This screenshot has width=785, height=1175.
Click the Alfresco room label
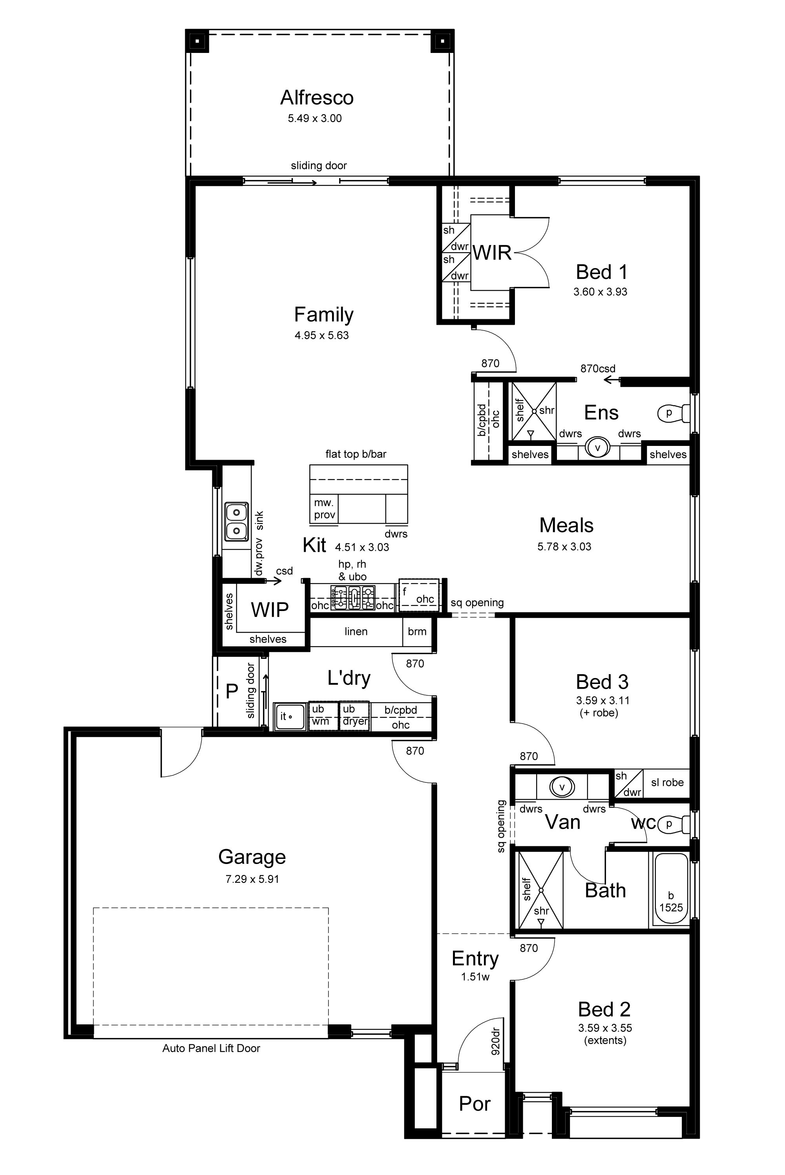click(x=317, y=98)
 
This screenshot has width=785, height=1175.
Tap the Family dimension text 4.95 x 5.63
click(x=321, y=335)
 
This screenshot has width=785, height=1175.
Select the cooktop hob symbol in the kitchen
click(x=352, y=597)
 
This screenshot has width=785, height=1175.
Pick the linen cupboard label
click(x=356, y=631)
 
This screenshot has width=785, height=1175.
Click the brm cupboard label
click(x=417, y=631)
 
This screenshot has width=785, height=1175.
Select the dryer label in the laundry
click(x=355, y=722)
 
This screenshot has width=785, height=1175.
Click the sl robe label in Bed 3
click(x=667, y=782)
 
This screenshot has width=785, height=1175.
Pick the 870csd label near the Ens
click(x=598, y=369)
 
